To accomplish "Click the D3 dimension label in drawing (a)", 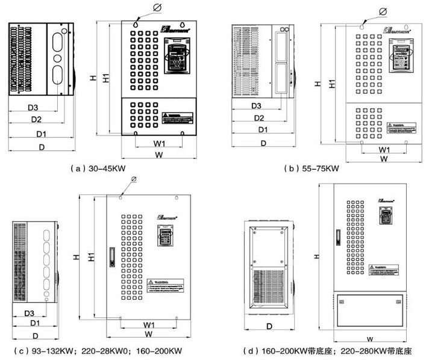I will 33,107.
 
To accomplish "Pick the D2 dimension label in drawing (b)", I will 260,118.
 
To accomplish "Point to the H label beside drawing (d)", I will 318,256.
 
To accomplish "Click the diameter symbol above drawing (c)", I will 133,178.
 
